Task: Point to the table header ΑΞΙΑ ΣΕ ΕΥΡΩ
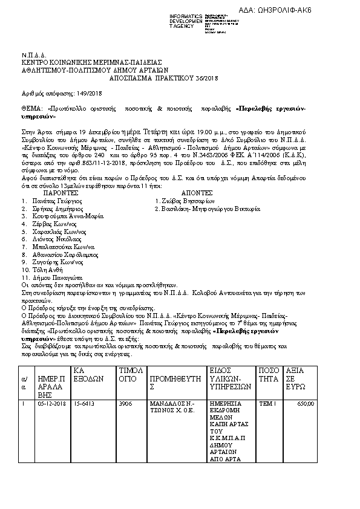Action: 296,378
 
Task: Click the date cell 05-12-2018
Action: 51,403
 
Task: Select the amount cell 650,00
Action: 306,403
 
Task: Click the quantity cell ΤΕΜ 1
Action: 267,403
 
